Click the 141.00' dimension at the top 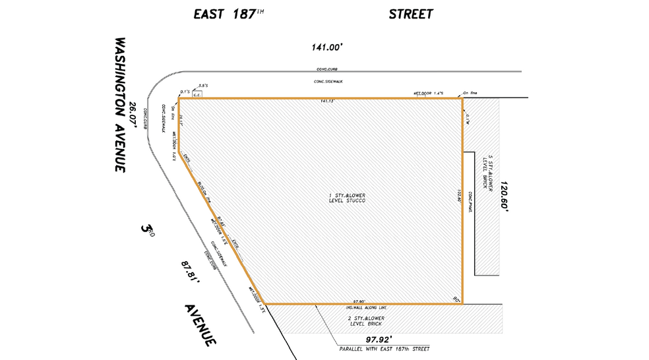click(328, 47)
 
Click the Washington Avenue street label click(119, 104)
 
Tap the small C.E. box click(196, 95)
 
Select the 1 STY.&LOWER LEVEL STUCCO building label click(347, 198)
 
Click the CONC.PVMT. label click(470, 202)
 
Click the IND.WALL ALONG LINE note click(366, 307)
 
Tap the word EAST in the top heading click(210, 13)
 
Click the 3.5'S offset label click(203, 85)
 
